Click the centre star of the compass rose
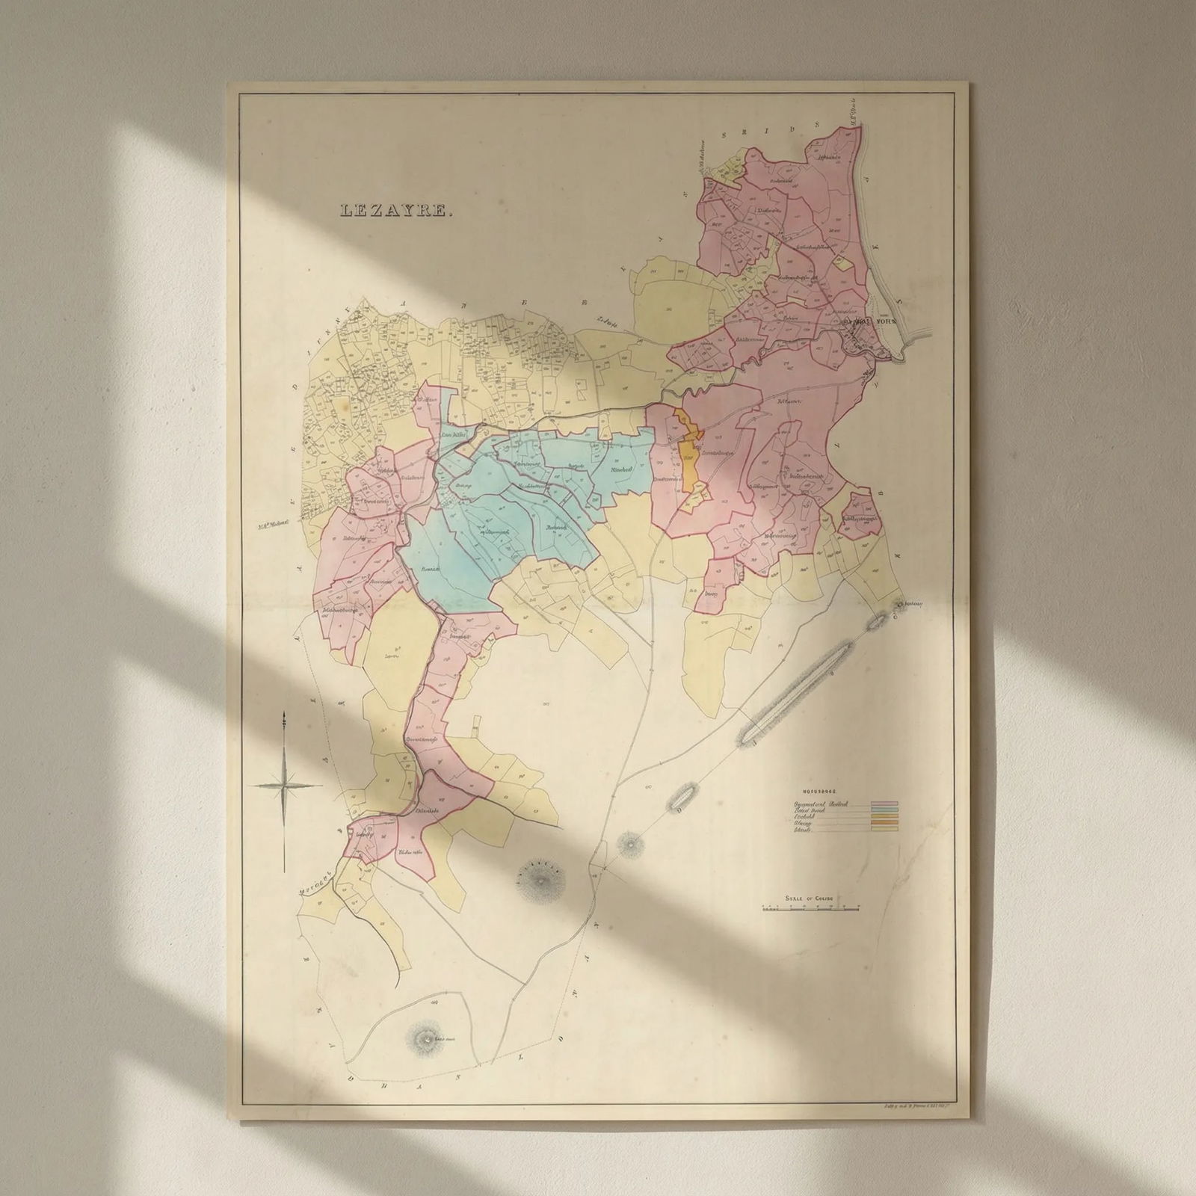tap(284, 784)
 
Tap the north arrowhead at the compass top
tap(284, 719)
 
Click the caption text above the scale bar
tap(809, 898)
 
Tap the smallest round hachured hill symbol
tap(632, 845)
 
